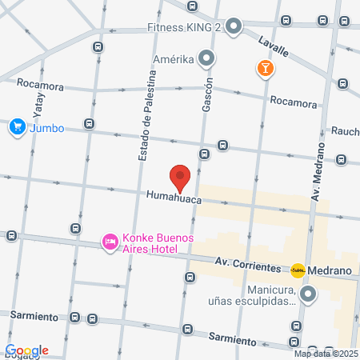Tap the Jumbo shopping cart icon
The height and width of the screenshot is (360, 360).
(x=16, y=126)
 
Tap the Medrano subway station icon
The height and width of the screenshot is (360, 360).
(x=298, y=270)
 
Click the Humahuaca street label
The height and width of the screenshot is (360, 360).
(x=172, y=194)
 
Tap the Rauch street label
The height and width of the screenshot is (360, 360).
(x=345, y=131)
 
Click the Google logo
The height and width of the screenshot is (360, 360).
(x=26, y=350)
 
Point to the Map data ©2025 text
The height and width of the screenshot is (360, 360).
(x=326, y=354)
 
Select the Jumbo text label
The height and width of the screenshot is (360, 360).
(x=47, y=127)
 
